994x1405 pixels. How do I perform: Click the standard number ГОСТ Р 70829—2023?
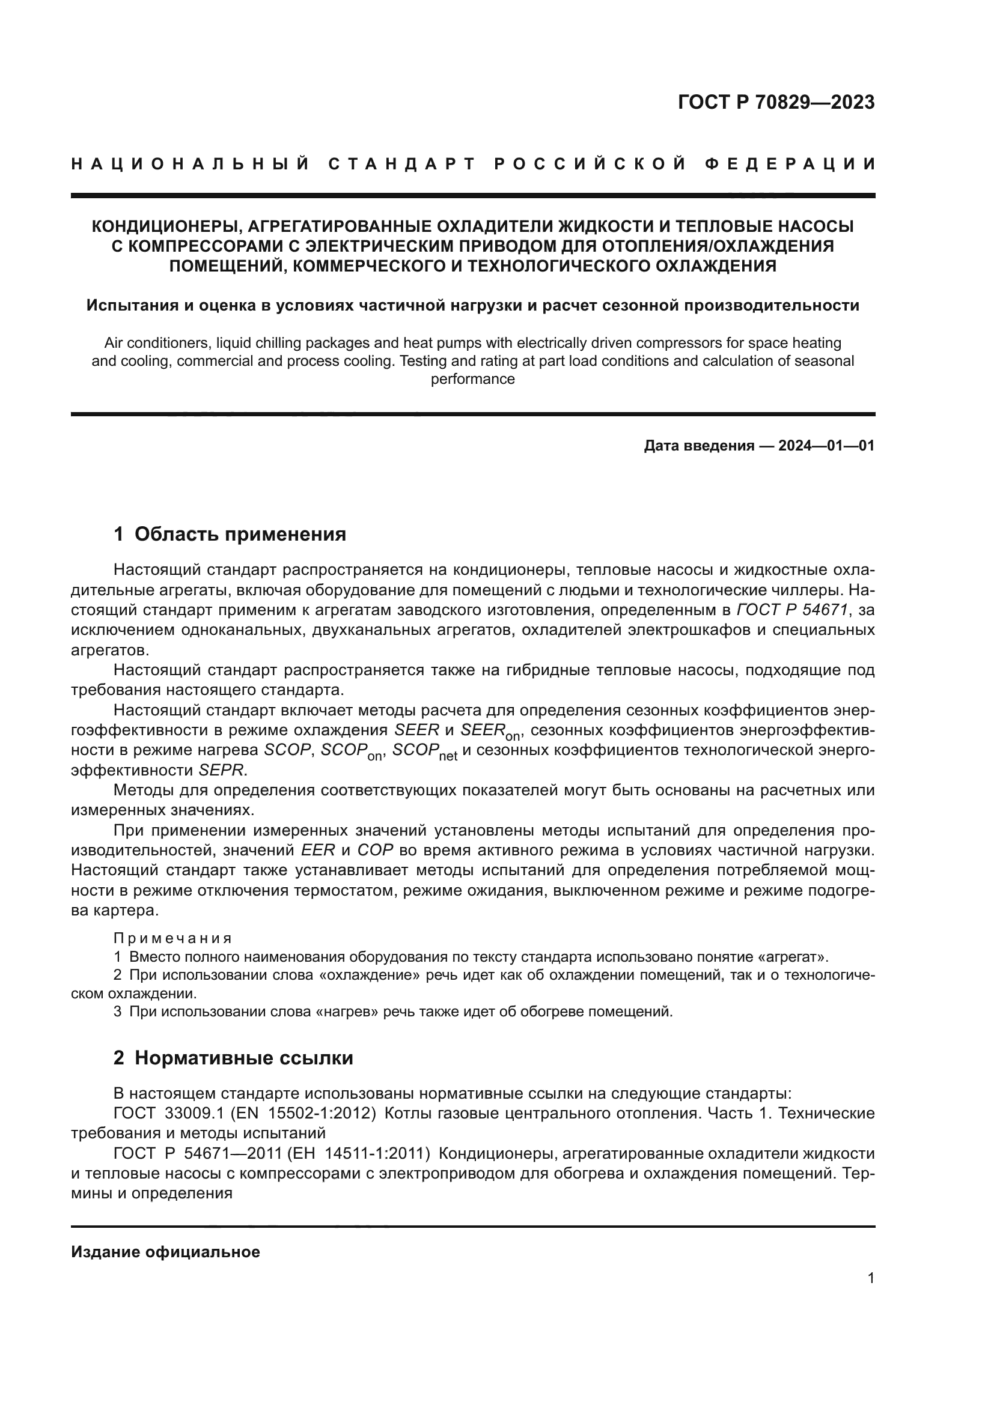point(775,102)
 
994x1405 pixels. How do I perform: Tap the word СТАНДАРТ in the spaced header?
point(401,164)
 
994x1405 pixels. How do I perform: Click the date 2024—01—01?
point(826,446)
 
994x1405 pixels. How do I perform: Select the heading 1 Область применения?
point(230,534)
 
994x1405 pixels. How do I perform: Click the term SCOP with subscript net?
point(424,751)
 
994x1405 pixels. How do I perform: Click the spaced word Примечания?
point(172,939)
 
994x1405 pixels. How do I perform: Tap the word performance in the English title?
point(472,379)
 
